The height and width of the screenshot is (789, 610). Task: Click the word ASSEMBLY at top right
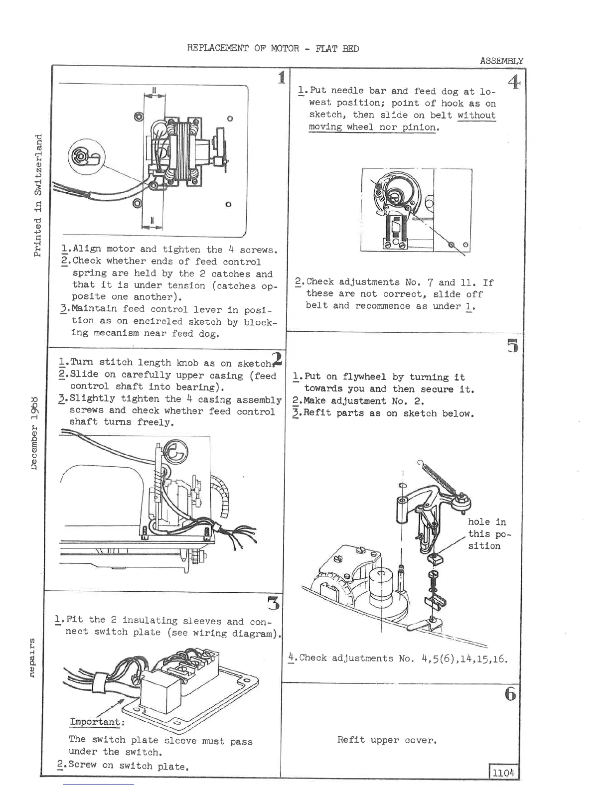point(501,61)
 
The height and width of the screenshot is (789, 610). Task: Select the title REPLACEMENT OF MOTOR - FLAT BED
point(273,48)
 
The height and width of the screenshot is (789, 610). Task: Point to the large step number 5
point(512,345)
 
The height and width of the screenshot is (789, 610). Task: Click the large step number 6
point(510,694)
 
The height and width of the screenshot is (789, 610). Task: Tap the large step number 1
point(282,78)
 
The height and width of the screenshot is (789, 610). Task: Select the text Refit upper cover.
point(387,740)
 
